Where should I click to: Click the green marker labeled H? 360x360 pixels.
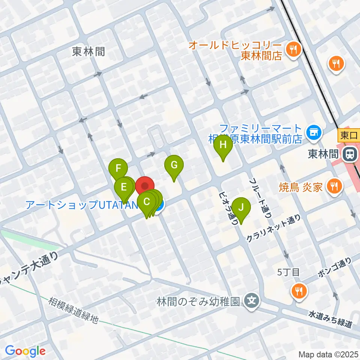223,145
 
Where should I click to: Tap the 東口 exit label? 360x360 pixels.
348,134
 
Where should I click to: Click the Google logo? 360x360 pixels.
25,351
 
